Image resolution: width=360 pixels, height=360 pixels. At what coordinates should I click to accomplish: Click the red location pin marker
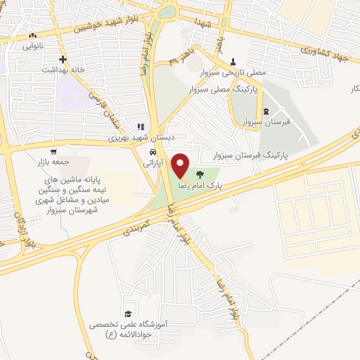(x=181, y=166)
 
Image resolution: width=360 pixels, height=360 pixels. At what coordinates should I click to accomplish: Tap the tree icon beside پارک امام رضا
(x=201, y=174)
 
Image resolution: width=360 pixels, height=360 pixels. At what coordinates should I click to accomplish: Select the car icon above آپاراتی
(x=152, y=152)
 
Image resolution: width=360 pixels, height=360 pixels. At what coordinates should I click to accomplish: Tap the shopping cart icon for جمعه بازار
(x=53, y=151)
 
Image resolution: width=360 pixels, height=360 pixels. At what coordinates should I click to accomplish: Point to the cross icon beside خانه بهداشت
(x=63, y=59)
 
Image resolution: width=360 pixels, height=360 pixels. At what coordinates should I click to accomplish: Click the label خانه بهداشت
(x=62, y=70)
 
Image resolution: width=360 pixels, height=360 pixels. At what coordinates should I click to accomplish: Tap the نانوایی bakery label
(x=32, y=46)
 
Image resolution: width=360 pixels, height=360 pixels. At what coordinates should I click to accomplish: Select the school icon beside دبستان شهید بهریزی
(x=141, y=127)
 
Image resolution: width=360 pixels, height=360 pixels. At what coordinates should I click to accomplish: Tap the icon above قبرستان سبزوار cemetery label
(x=266, y=111)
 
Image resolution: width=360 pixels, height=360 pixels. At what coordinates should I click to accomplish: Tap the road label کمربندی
(x=136, y=224)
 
